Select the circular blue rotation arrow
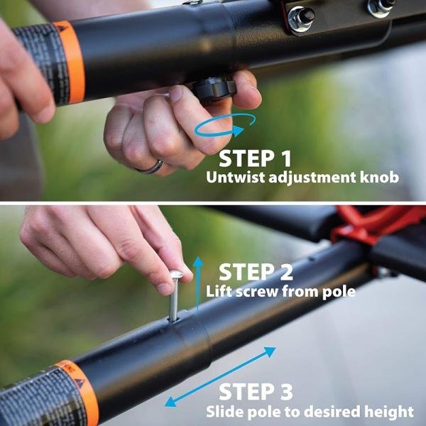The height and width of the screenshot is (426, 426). [x=226, y=128]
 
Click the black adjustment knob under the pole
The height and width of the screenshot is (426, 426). [x=213, y=89]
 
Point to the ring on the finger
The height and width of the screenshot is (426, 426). [x=150, y=167]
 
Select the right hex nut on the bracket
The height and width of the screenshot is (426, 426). [x=381, y=7]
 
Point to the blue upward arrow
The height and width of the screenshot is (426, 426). [x=198, y=284]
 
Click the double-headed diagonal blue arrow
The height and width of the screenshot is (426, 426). [x=221, y=376]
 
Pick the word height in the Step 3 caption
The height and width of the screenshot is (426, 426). [x=393, y=411]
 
